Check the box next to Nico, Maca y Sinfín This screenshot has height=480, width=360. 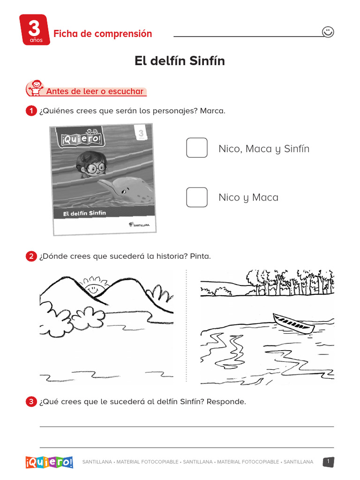pyautogui.click(x=197, y=148)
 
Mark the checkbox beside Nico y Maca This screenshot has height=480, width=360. pyautogui.click(x=197, y=197)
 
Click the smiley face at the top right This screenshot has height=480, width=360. pyautogui.click(x=328, y=32)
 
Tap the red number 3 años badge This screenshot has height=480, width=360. pyautogui.click(x=34, y=30)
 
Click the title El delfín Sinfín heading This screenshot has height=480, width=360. pyautogui.click(x=180, y=61)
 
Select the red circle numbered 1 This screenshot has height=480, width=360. pyautogui.click(x=31, y=111)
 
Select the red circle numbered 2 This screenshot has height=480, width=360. pyautogui.click(x=31, y=256)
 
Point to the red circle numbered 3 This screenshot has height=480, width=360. pyautogui.click(x=31, y=402)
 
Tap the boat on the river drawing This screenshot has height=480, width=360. pyautogui.click(x=293, y=323)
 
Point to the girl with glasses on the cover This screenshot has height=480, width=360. pyautogui.click(x=91, y=164)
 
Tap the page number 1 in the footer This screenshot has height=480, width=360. pyautogui.click(x=329, y=462)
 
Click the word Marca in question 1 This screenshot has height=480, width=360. pyautogui.click(x=212, y=111)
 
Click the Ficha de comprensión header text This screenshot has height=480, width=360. pyautogui.click(x=103, y=34)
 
